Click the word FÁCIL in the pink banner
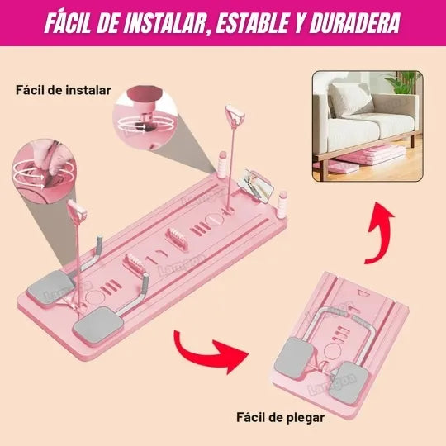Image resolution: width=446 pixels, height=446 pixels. (75, 22)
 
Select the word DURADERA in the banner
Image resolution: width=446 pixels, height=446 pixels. (355, 22)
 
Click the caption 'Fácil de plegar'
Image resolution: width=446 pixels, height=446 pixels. (280, 417)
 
